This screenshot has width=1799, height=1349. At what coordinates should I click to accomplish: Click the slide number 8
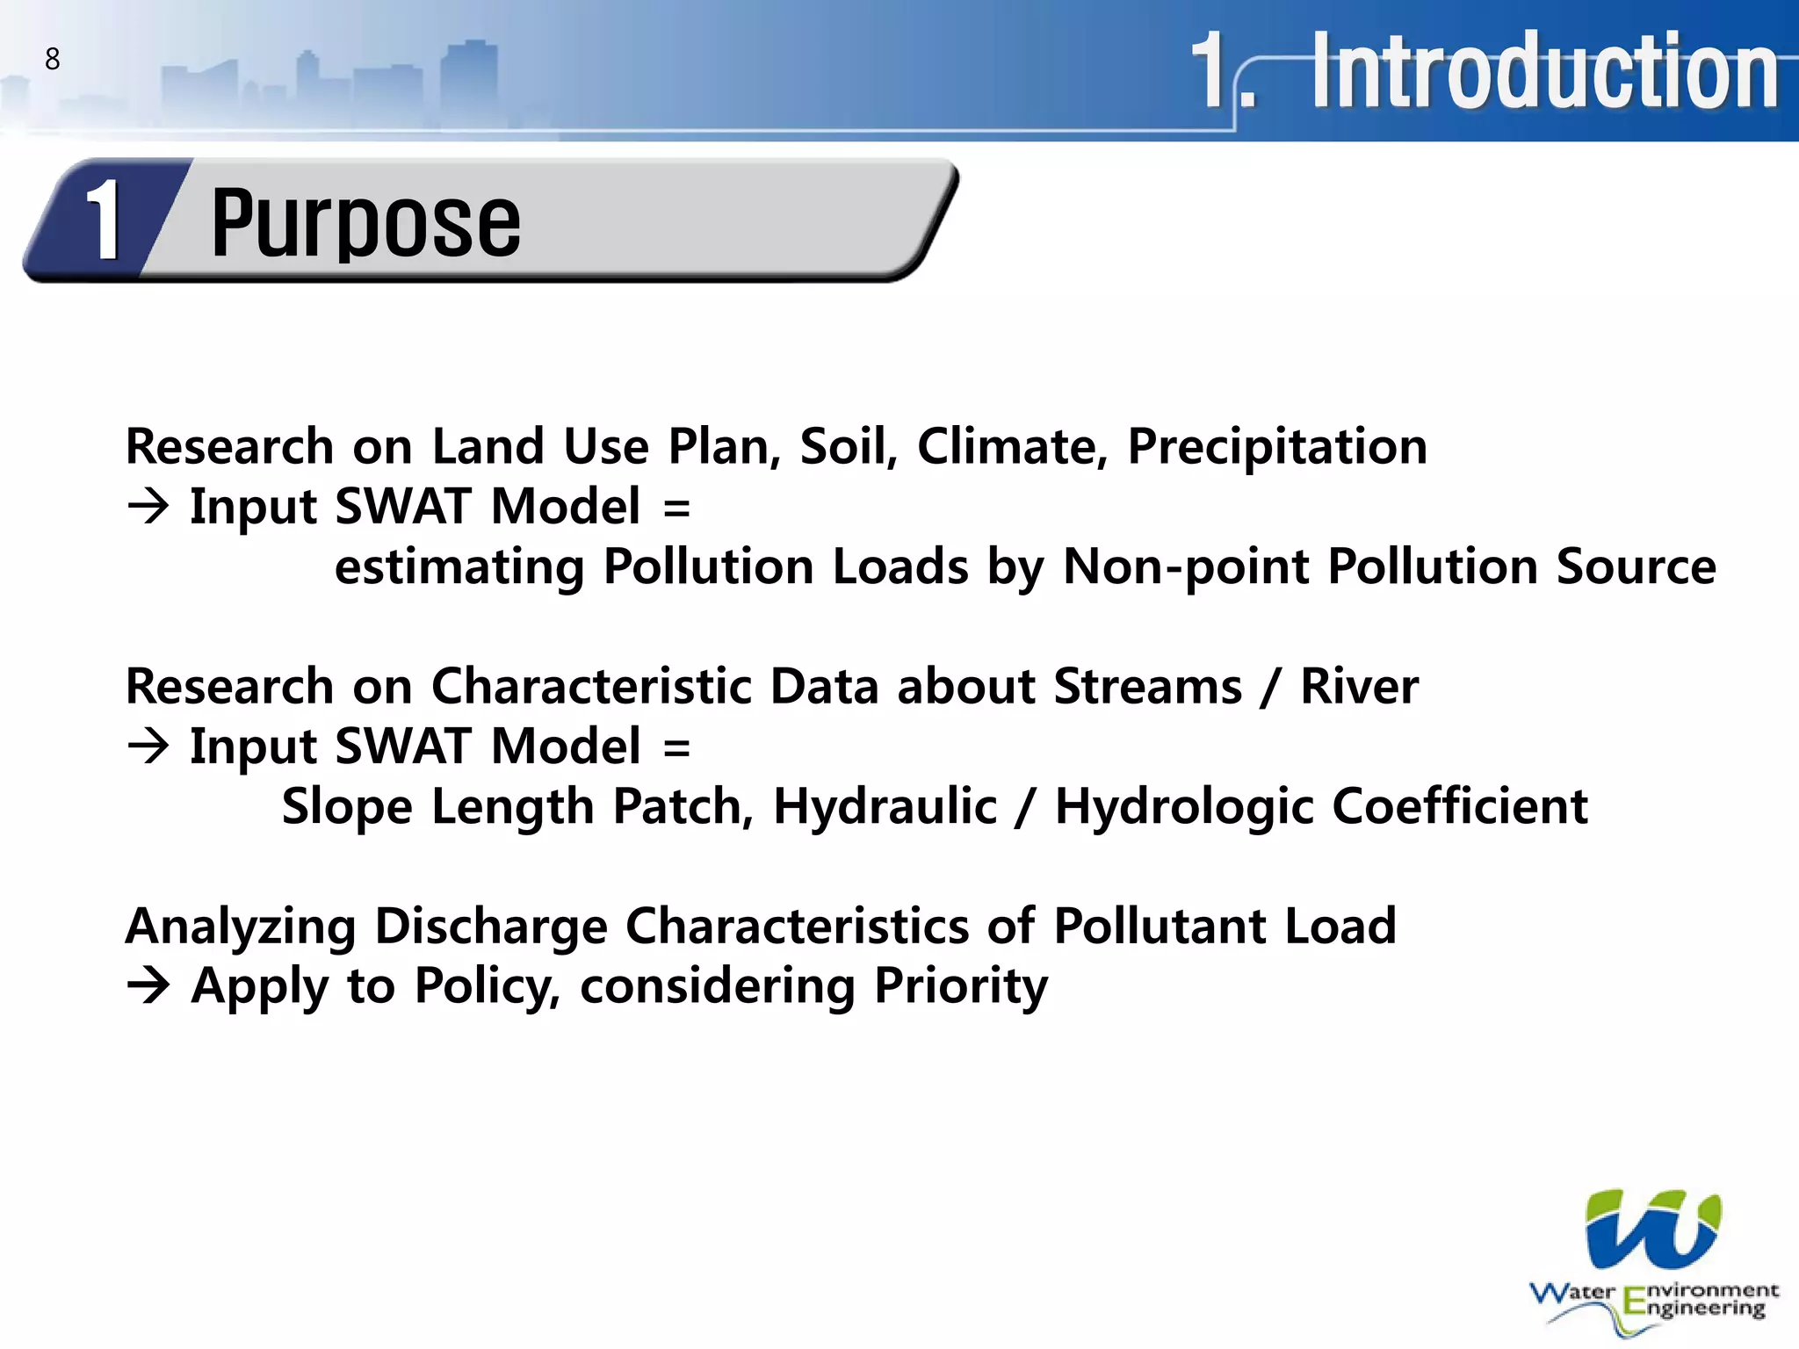coord(53,59)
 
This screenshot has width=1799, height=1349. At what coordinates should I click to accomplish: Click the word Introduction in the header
coord(1545,70)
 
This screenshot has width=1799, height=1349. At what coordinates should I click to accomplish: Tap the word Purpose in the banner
coord(365,223)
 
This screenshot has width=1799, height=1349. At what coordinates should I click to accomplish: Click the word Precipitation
coord(1276,446)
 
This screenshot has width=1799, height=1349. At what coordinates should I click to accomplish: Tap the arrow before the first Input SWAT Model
coord(148,507)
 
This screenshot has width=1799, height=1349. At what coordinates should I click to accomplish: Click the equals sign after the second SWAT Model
coord(676,747)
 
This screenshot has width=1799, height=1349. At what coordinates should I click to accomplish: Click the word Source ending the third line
coord(1636,566)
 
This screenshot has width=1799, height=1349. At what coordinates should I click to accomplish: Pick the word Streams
coord(1147,686)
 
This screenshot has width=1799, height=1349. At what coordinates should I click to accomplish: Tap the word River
coord(1359,686)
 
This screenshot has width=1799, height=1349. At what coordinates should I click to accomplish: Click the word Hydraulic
coord(885,806)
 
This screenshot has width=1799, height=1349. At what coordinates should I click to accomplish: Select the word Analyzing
coord(240,927)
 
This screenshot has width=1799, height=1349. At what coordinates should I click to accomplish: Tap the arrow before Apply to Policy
coord(148,985)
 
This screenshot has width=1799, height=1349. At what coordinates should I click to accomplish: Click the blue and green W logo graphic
coord(1652,1229)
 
